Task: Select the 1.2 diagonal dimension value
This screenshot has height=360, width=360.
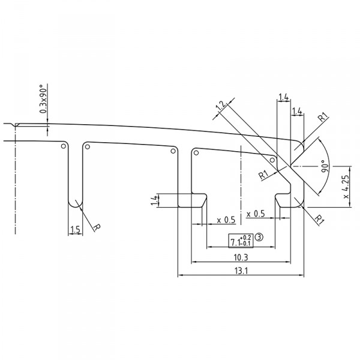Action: tap(220, 107)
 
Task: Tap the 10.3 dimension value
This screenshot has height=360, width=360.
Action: tap(242, 257)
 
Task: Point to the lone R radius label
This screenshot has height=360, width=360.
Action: tap(96, 228)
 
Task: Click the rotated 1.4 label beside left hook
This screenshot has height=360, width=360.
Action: tap(154, 200)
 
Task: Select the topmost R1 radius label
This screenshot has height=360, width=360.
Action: tap(322, 118)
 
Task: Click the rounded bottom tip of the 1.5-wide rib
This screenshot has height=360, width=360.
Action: tap(75, 206)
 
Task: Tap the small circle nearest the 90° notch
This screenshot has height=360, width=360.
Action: tap(274, 160)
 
